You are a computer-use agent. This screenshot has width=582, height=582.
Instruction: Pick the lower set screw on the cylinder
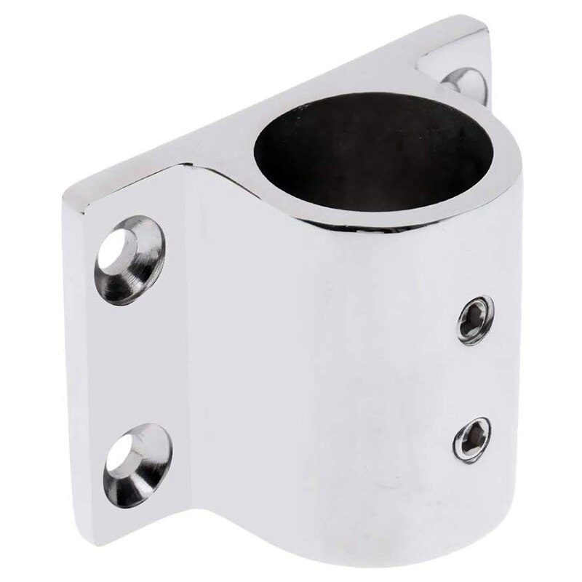(x=471, y=439)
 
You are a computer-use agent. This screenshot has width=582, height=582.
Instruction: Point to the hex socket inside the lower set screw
(x=471, y=439)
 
